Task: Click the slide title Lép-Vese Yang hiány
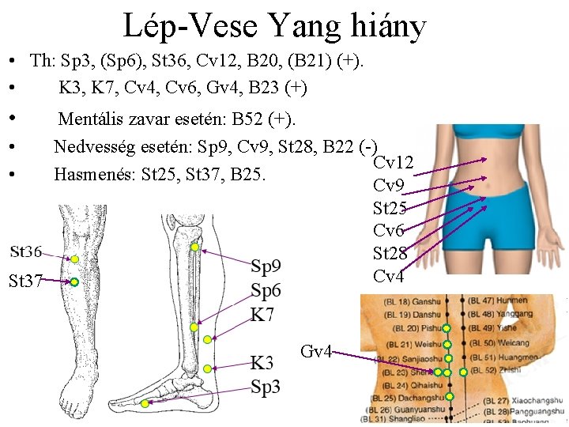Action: click(274, 25)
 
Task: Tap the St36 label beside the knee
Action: click(26, 252)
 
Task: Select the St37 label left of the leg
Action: click(26, 280)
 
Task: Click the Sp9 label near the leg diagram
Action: click(266, 266)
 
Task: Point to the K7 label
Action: click(262, 314)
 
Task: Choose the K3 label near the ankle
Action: click(263, 364)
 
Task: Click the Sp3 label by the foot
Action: click(266, 386)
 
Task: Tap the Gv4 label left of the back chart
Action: click(316, 351)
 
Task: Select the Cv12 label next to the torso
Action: click(393, 163)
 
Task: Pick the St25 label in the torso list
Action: click(390, 209)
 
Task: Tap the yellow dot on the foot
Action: click(145, 403)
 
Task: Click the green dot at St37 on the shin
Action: click(73, 282)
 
